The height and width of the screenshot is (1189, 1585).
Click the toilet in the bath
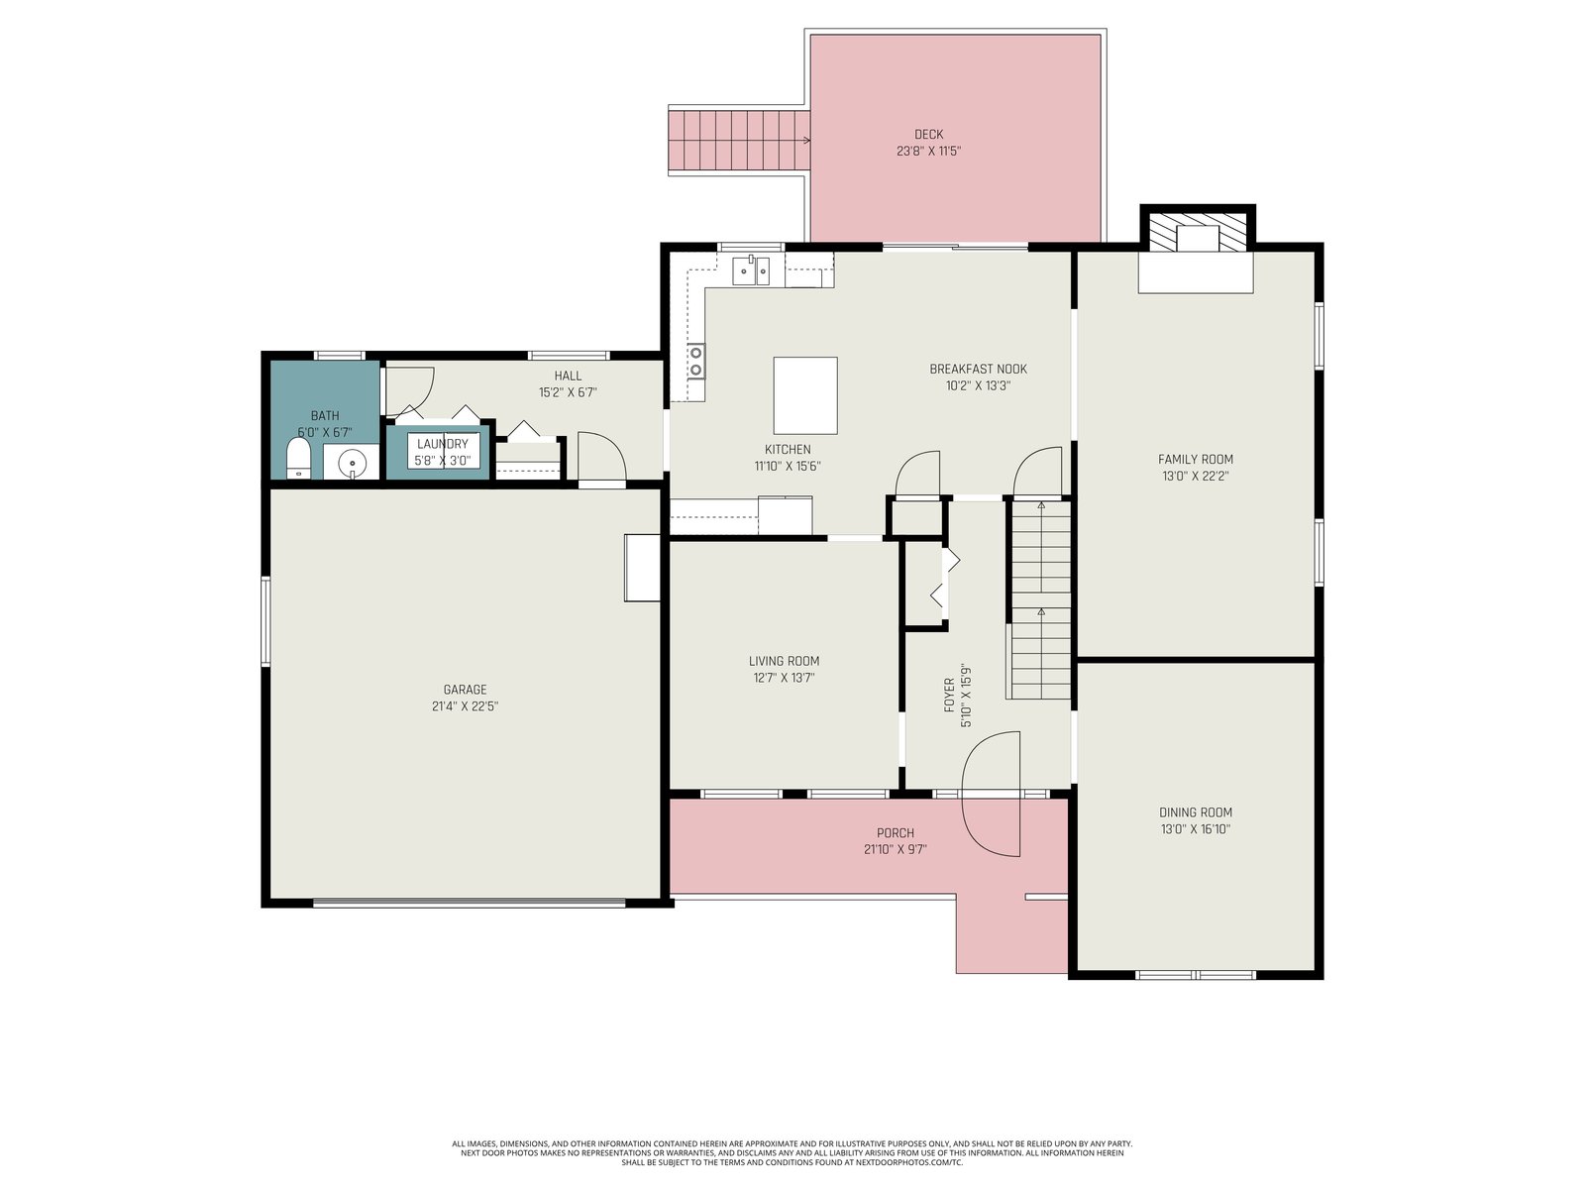click(298, 459)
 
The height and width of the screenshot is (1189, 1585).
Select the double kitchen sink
click(751, 270)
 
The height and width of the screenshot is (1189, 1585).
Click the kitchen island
click(805, 395)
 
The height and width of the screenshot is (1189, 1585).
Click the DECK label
click(928, 135)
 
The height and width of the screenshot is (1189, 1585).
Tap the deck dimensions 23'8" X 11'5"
click(928, 151)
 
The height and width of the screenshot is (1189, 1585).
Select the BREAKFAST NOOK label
click(978, 369)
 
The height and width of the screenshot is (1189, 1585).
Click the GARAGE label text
click(465, 690)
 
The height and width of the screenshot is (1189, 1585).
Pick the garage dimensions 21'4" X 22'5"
click(465, 706)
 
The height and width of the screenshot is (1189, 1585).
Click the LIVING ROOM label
click(784, 661)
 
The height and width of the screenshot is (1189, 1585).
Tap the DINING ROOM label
click(1196, 812)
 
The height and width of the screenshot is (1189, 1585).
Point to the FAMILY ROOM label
click(1196, 459)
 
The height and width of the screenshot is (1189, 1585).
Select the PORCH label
click(896, 832)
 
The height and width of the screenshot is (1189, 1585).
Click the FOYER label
click(949, 696)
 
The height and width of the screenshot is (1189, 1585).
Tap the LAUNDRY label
click(443, 444)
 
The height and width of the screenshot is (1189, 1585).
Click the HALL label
click(568, 376)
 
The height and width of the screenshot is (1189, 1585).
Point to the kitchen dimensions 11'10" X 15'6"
click(788, 466)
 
